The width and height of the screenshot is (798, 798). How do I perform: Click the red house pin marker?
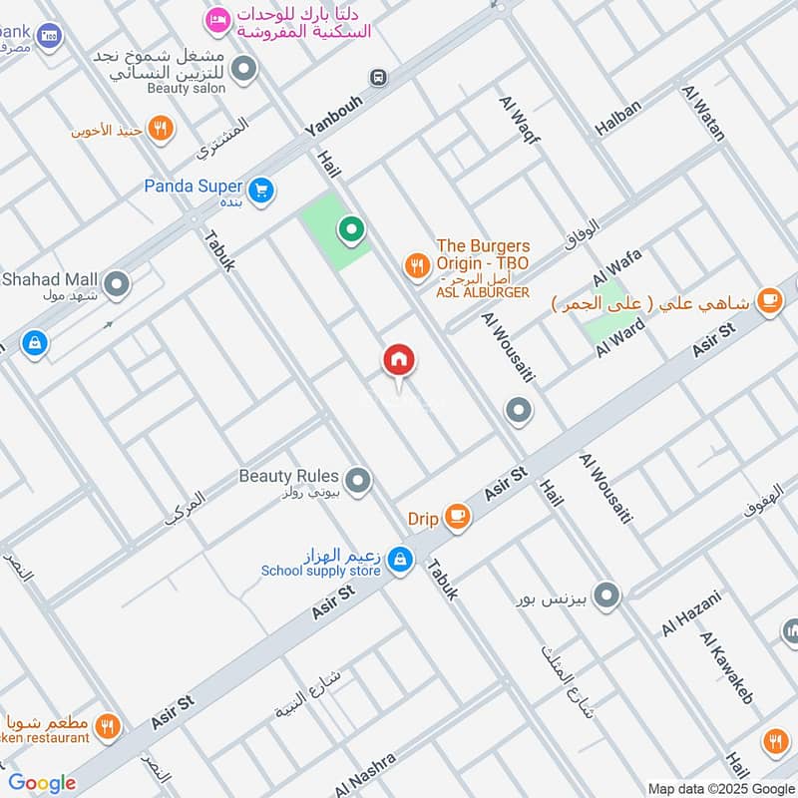[x=399, y=360]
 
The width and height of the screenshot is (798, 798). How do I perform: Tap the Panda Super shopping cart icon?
[x=261, y=189]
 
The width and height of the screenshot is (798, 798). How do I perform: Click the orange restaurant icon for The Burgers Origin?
[x=416, y=265]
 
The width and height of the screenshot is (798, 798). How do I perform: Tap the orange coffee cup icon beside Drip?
[x=457, y=516]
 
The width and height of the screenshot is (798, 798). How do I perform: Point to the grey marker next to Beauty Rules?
[x=359, y=482]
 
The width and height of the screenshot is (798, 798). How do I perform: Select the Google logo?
[x=42, y=782]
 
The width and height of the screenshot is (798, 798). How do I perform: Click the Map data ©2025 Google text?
[x=719, y=787]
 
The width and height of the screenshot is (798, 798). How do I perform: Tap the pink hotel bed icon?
[x=216, y=19]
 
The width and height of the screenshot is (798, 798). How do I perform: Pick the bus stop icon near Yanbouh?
[x=378, y=77]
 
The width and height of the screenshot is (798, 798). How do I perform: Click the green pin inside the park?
[x=350, y=231]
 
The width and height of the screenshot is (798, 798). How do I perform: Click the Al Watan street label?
[x=703, y=113]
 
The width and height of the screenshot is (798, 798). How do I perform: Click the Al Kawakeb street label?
[x=725, y=666]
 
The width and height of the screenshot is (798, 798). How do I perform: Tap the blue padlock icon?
[x=35, y=345]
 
